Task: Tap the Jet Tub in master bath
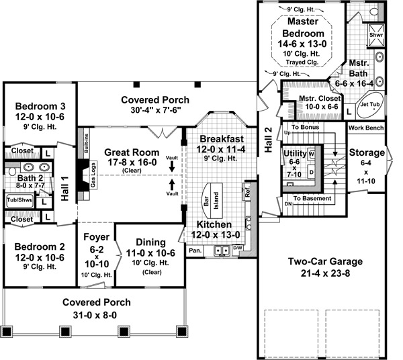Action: coord(368,106)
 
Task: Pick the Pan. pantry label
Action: coord(195,251)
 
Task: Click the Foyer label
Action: coord(96,236)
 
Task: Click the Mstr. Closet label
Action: coord(320,98)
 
